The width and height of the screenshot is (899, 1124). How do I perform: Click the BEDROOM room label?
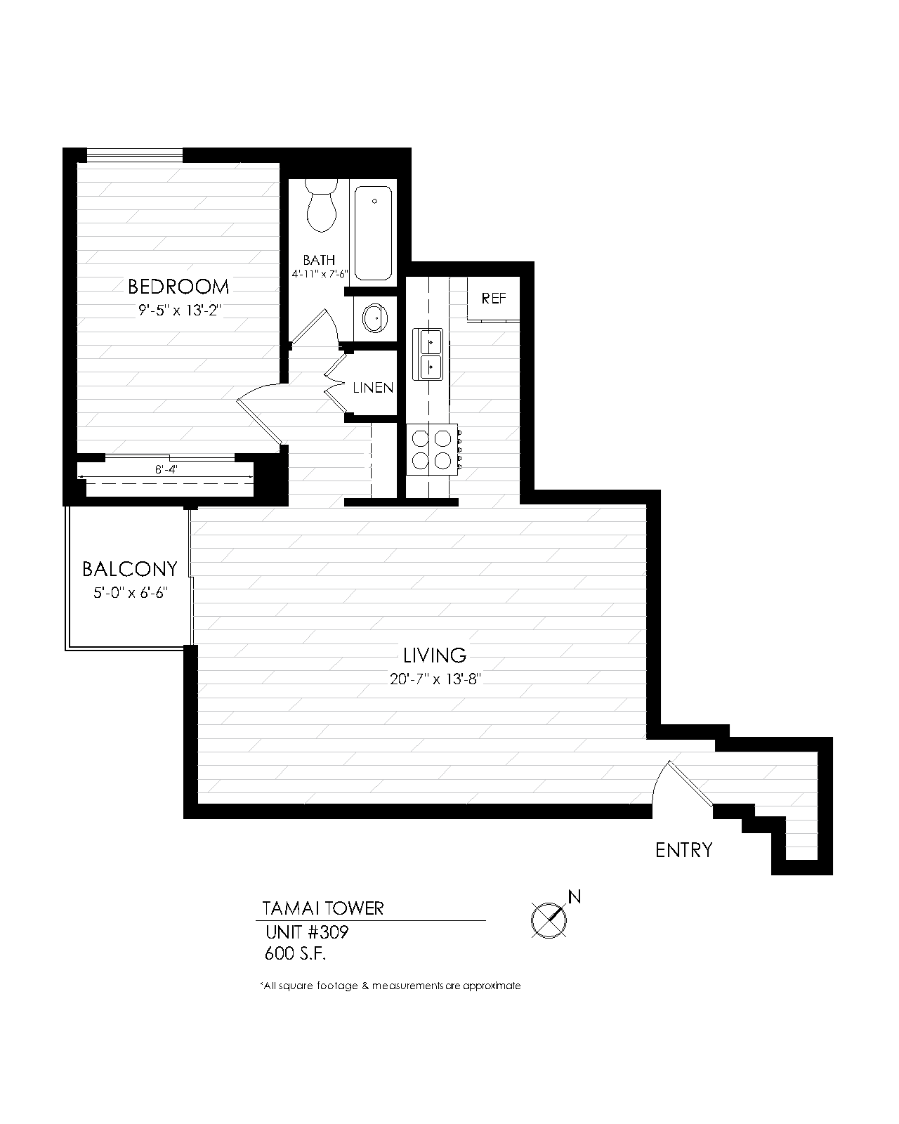tap(178, 287)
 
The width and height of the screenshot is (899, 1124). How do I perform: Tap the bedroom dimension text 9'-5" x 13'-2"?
tap(180, 310)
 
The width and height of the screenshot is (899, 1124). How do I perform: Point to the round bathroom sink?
tap(374, 318)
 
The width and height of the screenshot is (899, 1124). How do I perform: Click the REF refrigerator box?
tap(493, 299)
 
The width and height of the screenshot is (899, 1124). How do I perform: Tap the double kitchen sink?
tap(428, 354)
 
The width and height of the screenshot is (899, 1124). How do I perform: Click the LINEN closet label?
tap(373, 388)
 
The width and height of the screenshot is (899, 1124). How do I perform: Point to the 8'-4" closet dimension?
tap(166, 470)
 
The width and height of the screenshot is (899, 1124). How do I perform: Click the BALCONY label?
tap(130, 568)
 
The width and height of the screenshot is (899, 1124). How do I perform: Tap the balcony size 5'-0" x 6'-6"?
tap(131, 592)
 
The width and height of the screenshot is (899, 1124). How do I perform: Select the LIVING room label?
tap(435, 655)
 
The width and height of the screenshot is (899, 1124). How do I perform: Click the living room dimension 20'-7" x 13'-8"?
tap(435, 679)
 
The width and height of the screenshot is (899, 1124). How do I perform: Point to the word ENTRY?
tap(683, 851)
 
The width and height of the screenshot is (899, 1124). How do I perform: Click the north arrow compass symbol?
tap(549, 918)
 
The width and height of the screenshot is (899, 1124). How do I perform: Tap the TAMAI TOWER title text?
tap(323, 908)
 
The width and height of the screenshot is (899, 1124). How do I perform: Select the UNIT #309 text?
tap(307, 933)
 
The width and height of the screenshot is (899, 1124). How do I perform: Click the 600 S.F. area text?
tap(296, 954)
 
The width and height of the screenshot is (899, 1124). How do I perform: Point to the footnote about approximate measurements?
tap(391, 986)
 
